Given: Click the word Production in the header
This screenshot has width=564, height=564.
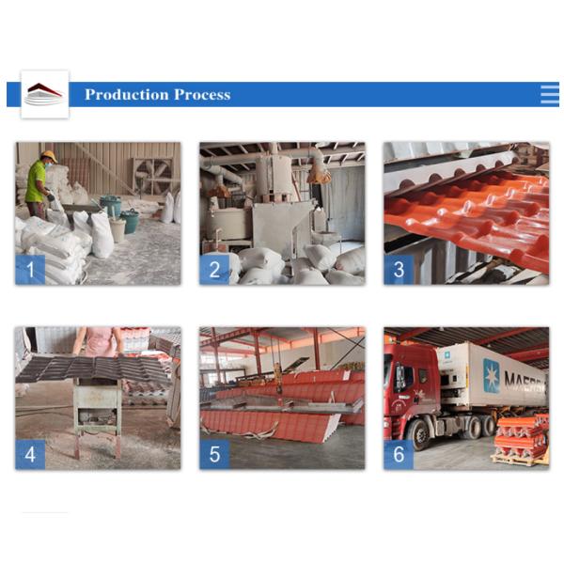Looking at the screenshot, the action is click(x=127, y=95).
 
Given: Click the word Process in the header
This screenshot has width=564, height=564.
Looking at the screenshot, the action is click(x=202, y=95).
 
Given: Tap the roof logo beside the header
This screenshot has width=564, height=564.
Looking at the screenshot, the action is click(x=44, y=94).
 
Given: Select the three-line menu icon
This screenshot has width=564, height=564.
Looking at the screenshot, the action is click(x=550, y=94).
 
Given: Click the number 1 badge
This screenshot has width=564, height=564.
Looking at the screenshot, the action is click(x=30, y=270).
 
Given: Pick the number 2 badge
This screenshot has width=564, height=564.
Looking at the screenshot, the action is click(x=214, y=270).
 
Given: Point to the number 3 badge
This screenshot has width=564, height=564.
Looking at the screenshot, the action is click(x=399, y=270).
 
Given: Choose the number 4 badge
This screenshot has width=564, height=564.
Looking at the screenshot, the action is click(x=30, y=454).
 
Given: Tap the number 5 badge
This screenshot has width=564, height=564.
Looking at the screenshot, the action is click(x=214, y=454).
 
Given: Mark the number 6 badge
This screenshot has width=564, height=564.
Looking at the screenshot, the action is click(x=399, y=454).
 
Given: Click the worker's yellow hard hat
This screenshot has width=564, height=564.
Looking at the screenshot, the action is click(x=49, y=156).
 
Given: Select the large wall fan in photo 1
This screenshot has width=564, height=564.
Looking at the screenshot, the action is click(x=151, y=177).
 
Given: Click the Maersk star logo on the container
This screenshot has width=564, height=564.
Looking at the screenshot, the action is click(x=491, y=375).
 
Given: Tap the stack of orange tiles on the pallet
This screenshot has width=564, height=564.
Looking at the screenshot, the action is click(x=521, y=437).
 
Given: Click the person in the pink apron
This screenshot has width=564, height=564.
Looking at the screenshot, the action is click(x=98, y=342).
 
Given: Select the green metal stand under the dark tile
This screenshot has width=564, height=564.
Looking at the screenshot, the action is click(x=97, y=417).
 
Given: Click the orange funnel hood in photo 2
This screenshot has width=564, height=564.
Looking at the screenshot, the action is click(x=319, y=175).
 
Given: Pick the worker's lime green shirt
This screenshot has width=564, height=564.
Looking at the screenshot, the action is click(x=36, y=180).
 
